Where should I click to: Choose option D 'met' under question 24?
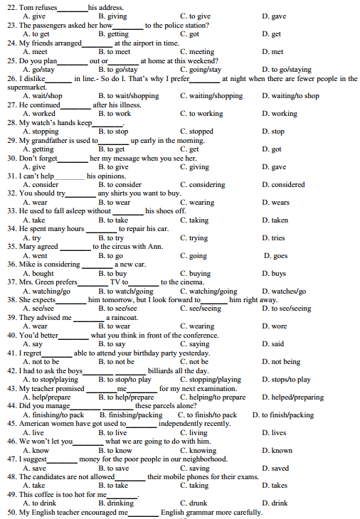tap(272, 52)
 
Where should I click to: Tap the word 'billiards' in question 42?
tap(165, 371)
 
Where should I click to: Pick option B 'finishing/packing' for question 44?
tap(131, 415)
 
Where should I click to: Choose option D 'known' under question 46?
tap(277, 451)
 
